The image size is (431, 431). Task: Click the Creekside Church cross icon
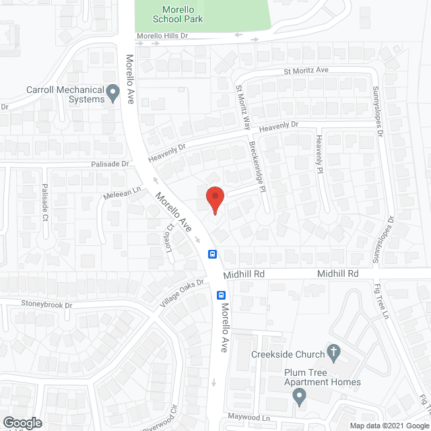point(333,352)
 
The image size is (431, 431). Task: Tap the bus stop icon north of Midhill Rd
point(211,254)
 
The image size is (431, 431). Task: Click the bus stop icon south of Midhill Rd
point(220,295)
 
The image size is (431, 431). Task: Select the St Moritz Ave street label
point(304,70)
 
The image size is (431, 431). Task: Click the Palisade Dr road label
point(110,164)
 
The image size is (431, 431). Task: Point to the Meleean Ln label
point(121,193)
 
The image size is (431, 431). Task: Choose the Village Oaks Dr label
point(181,294)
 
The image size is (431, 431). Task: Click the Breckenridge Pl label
point(258,166)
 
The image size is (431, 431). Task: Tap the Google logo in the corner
point(22,423)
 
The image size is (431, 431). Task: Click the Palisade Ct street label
point(45,203)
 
